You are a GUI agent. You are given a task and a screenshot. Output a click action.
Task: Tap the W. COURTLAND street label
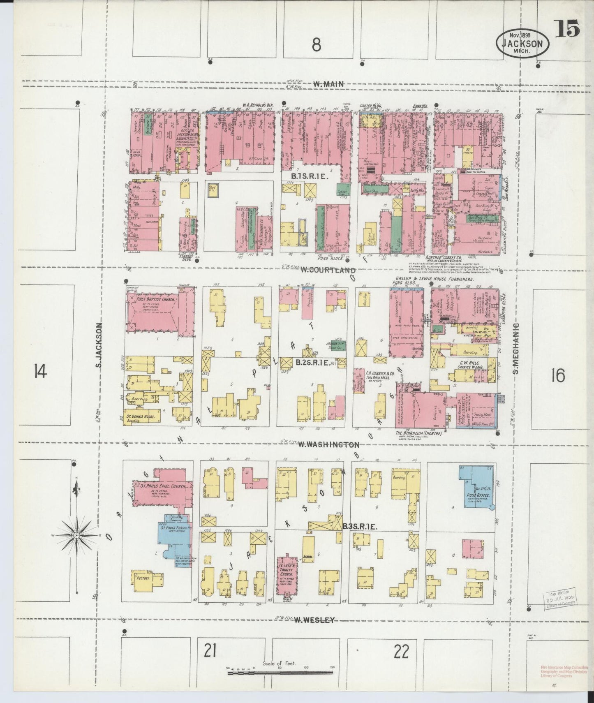327,271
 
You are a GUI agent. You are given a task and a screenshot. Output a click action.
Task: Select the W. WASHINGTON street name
328,444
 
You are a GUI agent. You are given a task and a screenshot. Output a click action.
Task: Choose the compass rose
77,535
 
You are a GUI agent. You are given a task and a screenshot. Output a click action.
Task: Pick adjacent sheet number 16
558,375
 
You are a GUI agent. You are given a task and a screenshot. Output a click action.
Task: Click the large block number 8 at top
316,45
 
